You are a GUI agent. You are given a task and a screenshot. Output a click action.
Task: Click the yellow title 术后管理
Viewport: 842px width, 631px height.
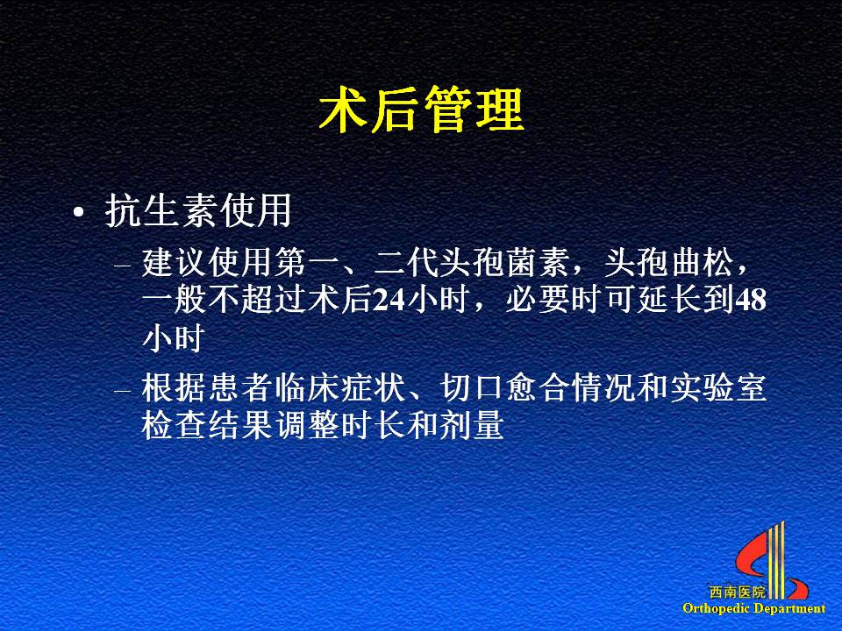[421, 110]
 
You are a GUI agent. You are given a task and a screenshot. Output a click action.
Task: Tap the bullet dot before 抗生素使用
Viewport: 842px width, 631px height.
[79, 212]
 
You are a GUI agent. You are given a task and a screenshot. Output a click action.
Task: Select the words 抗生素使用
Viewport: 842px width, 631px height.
[198, 210]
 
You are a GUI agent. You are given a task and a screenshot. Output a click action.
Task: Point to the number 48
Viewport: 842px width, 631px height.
[750, 301]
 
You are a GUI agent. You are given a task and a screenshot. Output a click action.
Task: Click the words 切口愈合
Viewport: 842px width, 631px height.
[505, 388]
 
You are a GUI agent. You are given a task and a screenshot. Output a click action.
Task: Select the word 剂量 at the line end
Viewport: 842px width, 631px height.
[472, 425]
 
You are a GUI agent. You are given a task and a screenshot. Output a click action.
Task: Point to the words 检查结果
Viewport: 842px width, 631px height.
[207, 425]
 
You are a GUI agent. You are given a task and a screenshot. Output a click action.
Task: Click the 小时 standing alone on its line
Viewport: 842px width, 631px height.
[174, 338]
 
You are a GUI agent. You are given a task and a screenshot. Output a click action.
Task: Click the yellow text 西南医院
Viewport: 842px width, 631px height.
[738, 592]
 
